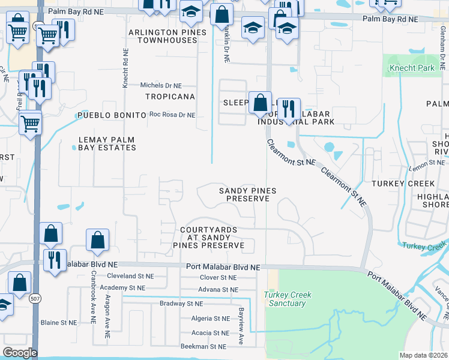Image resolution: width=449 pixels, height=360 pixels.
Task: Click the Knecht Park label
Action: point(411,68)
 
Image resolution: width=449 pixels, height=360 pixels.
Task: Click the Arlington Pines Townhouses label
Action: point(166,36)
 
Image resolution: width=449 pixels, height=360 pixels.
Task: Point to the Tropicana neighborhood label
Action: point(170,97)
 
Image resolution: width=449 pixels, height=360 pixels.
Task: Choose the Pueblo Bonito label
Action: point(112,115)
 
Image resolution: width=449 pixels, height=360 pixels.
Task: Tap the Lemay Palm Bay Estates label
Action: point(107,143)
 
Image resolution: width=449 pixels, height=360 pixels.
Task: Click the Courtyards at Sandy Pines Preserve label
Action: point(208,238)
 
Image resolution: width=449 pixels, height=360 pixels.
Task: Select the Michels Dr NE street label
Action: point(160,86)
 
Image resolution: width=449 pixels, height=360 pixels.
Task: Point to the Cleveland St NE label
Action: point(130,277)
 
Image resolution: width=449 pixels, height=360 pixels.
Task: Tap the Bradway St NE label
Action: point(185,304)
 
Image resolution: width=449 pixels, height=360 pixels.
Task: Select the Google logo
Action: point(20,353)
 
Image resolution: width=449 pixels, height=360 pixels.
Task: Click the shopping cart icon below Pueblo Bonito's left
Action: point(31,124)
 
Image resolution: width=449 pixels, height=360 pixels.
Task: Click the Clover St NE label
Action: point(218,278)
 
